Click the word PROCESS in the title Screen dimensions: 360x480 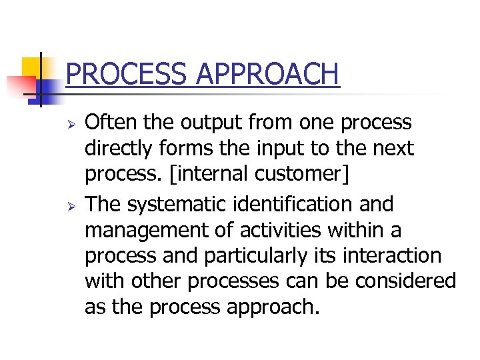[x=127, y=73]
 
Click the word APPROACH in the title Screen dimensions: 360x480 [x=269, y=73]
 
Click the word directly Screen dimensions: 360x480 [x=119, y=149]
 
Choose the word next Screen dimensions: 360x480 [x=393, y=149]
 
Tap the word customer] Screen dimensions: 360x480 [x=306, y=175]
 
